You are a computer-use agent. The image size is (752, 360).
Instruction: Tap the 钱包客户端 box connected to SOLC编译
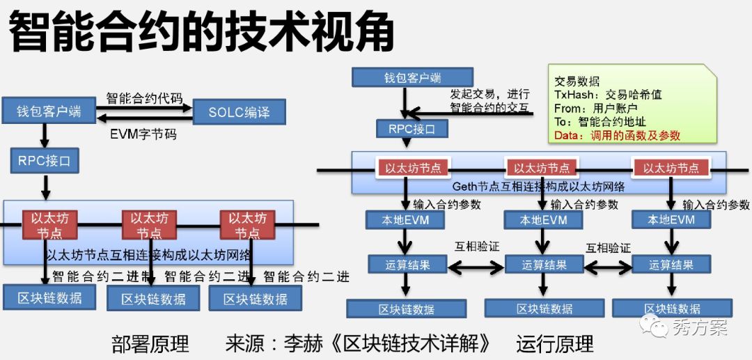point(49,111)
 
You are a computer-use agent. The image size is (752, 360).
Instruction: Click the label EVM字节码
point(143,134)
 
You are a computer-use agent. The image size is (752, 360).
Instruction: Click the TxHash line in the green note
point(607,94)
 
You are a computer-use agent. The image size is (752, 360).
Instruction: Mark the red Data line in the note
point(617,135)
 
